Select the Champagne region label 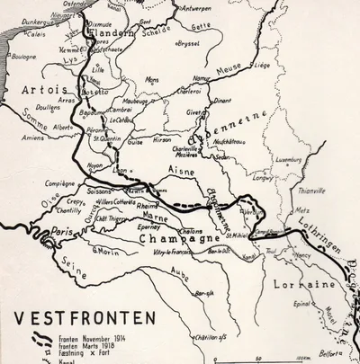pyautogui.click(x=168, y=240)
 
